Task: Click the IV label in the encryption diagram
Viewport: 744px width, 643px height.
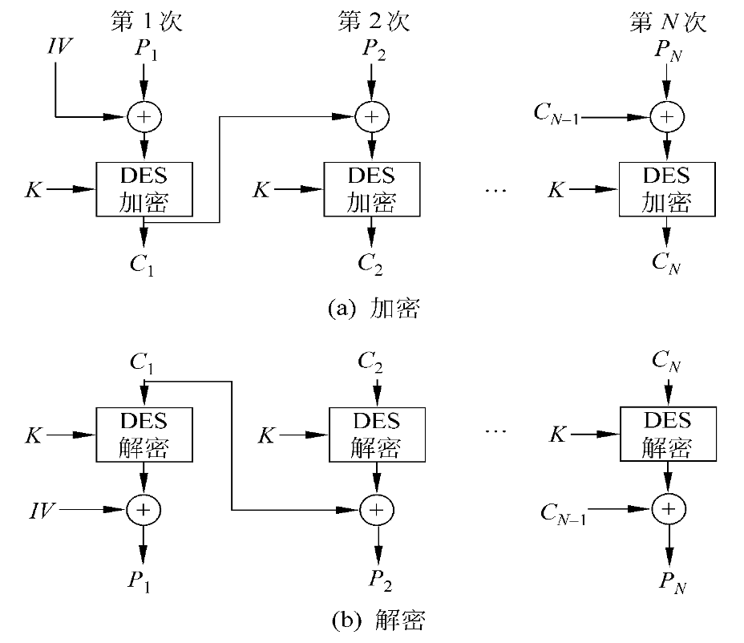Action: coord(58,47)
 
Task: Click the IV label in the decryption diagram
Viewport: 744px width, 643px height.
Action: coord(42,509)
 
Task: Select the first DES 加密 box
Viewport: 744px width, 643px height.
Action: coord(145,189)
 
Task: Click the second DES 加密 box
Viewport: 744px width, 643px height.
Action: coord(371,189)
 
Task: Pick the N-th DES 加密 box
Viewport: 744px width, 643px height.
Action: coord(666,189)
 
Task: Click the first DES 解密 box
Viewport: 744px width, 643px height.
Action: coord(145,434)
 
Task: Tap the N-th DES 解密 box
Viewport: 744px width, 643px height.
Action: coord(667,434)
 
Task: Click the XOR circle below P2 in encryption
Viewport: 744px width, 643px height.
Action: coord(371,117)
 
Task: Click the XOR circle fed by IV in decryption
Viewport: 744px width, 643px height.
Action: coord(145,509)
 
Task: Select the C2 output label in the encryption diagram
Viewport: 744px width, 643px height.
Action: coord(370,261)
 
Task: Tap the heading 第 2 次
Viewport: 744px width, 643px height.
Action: coord(374,21)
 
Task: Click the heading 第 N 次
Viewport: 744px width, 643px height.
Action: coord(667,21)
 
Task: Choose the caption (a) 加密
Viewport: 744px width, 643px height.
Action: coord(374,309)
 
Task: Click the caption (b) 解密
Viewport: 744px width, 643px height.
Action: coord(377,619)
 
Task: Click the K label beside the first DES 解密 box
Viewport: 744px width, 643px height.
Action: coord(34,435)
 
